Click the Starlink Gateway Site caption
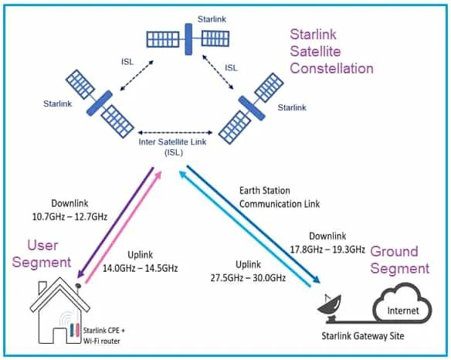[x=363, y=336]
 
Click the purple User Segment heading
[x=38, y=253]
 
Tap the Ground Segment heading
[x=399, y=260]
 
